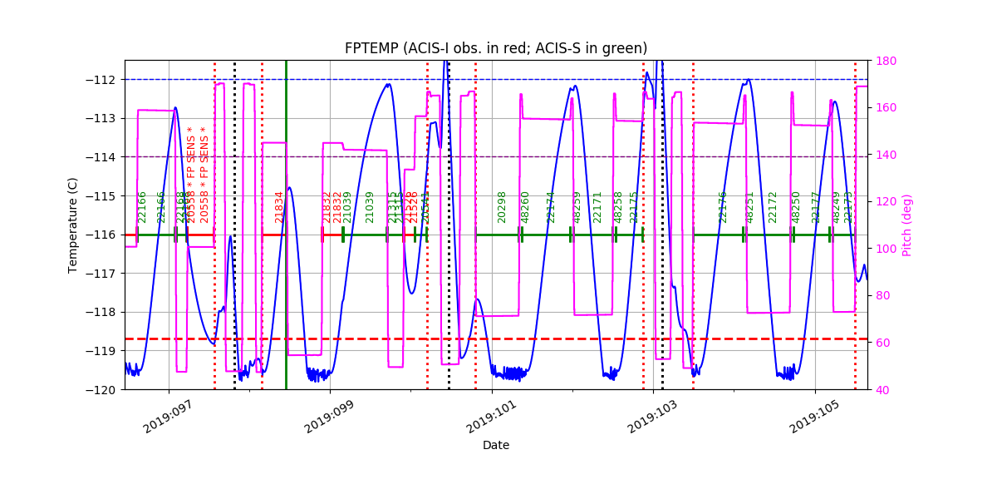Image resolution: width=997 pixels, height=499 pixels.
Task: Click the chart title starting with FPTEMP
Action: [496, 48]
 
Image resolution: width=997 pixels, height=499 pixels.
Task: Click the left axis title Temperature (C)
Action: [73, 225]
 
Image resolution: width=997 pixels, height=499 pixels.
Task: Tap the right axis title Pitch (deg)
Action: [907, 225]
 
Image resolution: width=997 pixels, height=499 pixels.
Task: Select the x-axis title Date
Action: [496, 445]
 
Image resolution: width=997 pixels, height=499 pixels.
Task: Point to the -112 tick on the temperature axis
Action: [106, 80]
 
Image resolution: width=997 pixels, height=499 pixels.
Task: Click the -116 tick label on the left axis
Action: [106, 235]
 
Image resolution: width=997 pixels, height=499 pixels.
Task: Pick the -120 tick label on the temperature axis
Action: [106, 389]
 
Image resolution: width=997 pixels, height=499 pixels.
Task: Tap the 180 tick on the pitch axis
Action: [886, 61]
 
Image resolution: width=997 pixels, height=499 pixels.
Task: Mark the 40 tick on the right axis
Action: [882, 389]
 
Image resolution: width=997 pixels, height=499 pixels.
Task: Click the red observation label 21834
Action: [280, 207]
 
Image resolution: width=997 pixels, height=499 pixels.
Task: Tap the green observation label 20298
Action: [502, 207]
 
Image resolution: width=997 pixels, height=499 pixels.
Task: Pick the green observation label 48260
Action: [525, 207]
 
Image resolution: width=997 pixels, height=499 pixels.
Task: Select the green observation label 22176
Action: [723, 207]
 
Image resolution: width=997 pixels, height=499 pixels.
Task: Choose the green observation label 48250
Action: [796, 207]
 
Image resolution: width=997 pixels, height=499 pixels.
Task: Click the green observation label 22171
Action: [597, 207]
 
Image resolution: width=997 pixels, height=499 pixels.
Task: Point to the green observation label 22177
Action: [816, 207]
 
